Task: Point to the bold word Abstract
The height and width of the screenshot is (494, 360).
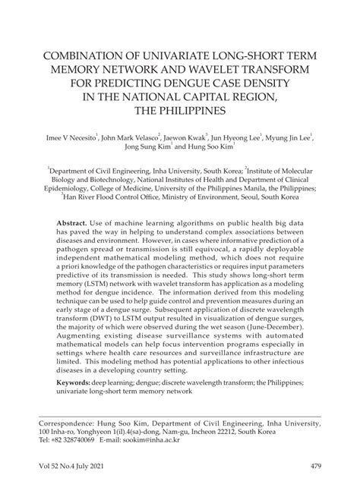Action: click(73, 216)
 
